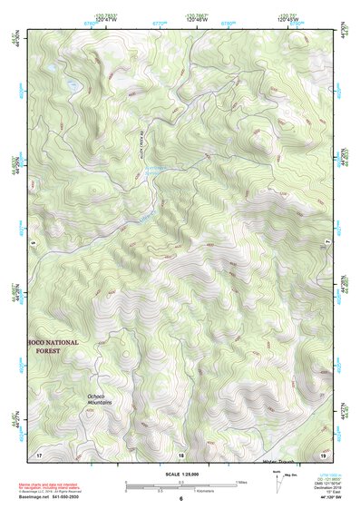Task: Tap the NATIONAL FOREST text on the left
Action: [54, 348]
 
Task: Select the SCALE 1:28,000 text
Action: [180, 473]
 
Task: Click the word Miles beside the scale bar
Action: [243, 481]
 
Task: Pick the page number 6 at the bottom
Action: [180, 499]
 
